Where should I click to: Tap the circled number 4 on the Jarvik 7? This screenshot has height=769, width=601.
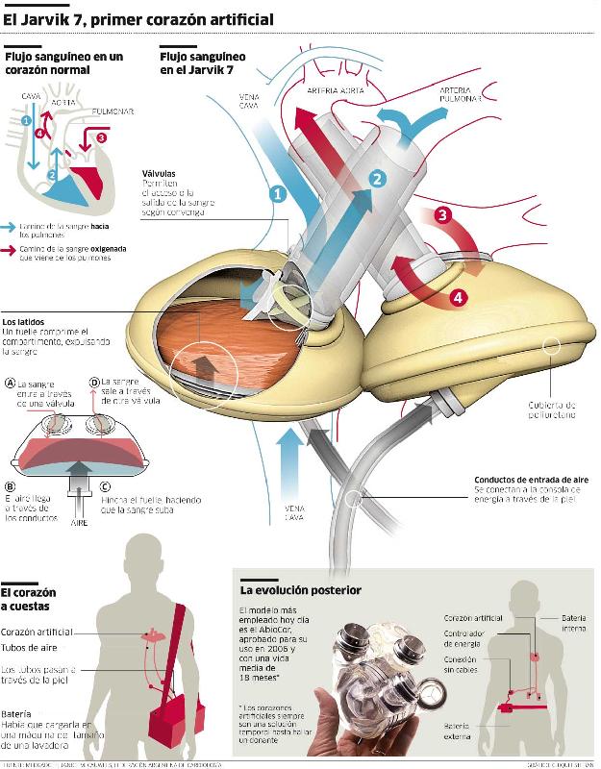459,298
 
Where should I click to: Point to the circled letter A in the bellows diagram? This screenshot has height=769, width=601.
10,382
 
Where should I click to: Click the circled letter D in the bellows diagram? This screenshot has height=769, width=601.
94,382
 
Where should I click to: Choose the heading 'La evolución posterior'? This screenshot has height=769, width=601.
301,589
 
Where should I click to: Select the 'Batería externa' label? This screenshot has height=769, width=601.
457,731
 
